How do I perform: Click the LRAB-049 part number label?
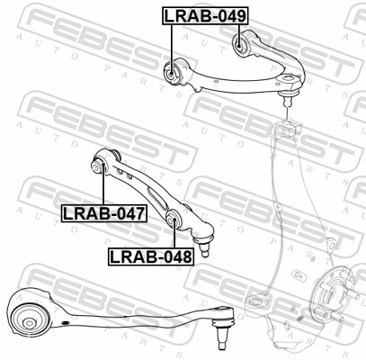[x=206, y=15]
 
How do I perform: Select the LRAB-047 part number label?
[x=104, y=213]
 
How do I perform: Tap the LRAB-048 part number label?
[x=151, y=256]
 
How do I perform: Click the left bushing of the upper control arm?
[x=171, y=73]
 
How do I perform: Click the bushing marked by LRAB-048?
[x=173, y=220]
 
